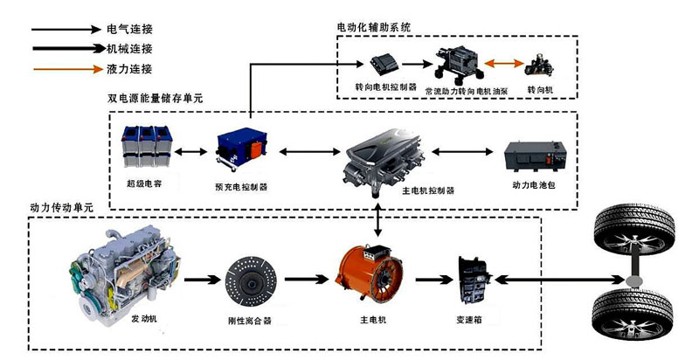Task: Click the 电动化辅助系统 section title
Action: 373,28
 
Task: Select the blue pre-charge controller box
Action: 239,149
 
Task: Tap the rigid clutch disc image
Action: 250,280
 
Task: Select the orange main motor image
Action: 372,275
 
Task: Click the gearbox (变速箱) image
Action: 475,280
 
